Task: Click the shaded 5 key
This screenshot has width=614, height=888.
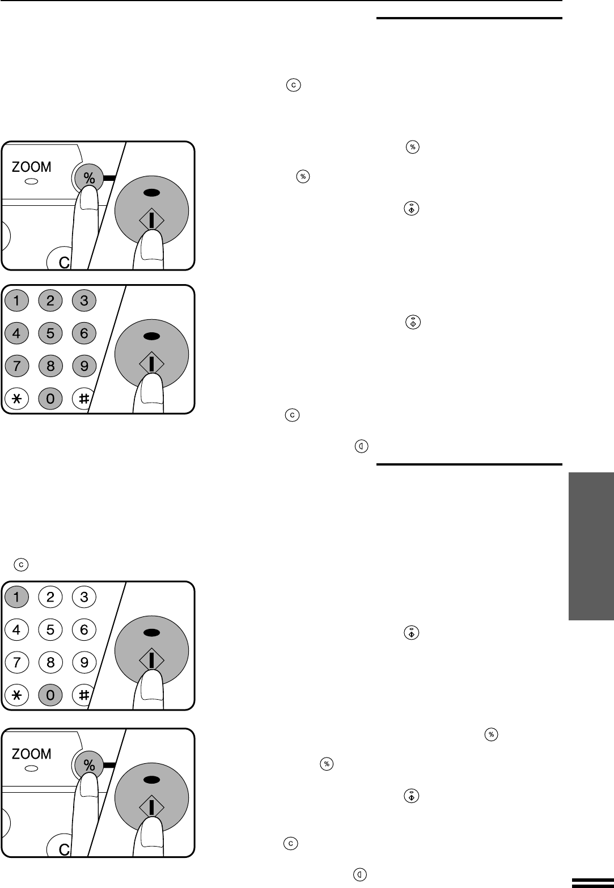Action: coord(50,333)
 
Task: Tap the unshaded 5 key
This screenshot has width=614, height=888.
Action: coord(50,629)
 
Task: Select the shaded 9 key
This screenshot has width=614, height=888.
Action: coord(84,366)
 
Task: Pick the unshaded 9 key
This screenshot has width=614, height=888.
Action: coord(84,662)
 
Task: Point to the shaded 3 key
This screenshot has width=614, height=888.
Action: coord(84,300)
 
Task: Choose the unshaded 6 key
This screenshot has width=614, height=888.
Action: coord(84,629)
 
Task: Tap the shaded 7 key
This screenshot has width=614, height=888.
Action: coord(16,366)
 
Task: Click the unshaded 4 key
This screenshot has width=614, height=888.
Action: coord(16,629)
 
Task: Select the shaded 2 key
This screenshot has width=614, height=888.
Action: coord(50,300)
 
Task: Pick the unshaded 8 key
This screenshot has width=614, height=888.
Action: coord(50,662)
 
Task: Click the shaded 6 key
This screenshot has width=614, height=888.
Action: coord(84,333)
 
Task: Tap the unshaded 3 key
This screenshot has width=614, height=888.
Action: coord(84,596)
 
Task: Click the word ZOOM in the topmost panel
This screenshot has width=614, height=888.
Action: coord(31,167)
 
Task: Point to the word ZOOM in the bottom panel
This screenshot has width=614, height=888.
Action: coord(31,754)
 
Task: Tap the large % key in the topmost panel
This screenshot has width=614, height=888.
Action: coord(89,177)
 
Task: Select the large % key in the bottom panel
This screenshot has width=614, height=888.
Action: coord(89,764)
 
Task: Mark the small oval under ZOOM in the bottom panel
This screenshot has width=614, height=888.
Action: coord(32,769)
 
